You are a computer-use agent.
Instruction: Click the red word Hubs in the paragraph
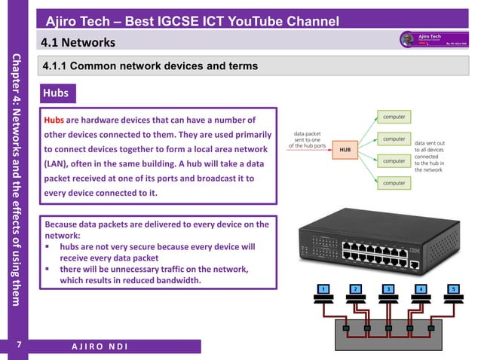click(54, 120)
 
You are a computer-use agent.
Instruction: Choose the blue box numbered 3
click(388, 289)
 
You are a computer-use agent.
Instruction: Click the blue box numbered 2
click(354, 289)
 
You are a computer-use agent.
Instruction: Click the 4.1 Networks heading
click(78, 41)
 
